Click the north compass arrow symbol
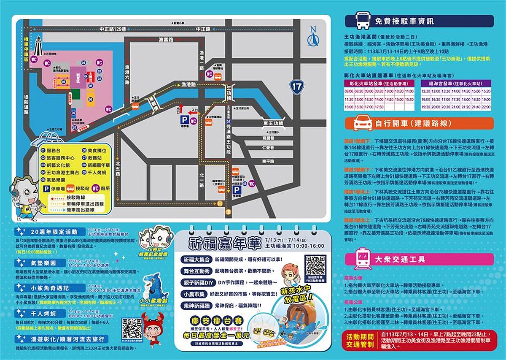pyautogui.click(x=313, y=37)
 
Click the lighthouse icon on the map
pyautogui.click(x=39, y=45)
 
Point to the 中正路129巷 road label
pyautogui.click(x=113, y=29)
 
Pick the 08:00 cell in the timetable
pyautogui.click(x=349, y=91)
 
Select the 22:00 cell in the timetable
pyautogui.click(x=487, y=107)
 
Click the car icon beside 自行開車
pyautogui.click(x=363, y=123)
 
